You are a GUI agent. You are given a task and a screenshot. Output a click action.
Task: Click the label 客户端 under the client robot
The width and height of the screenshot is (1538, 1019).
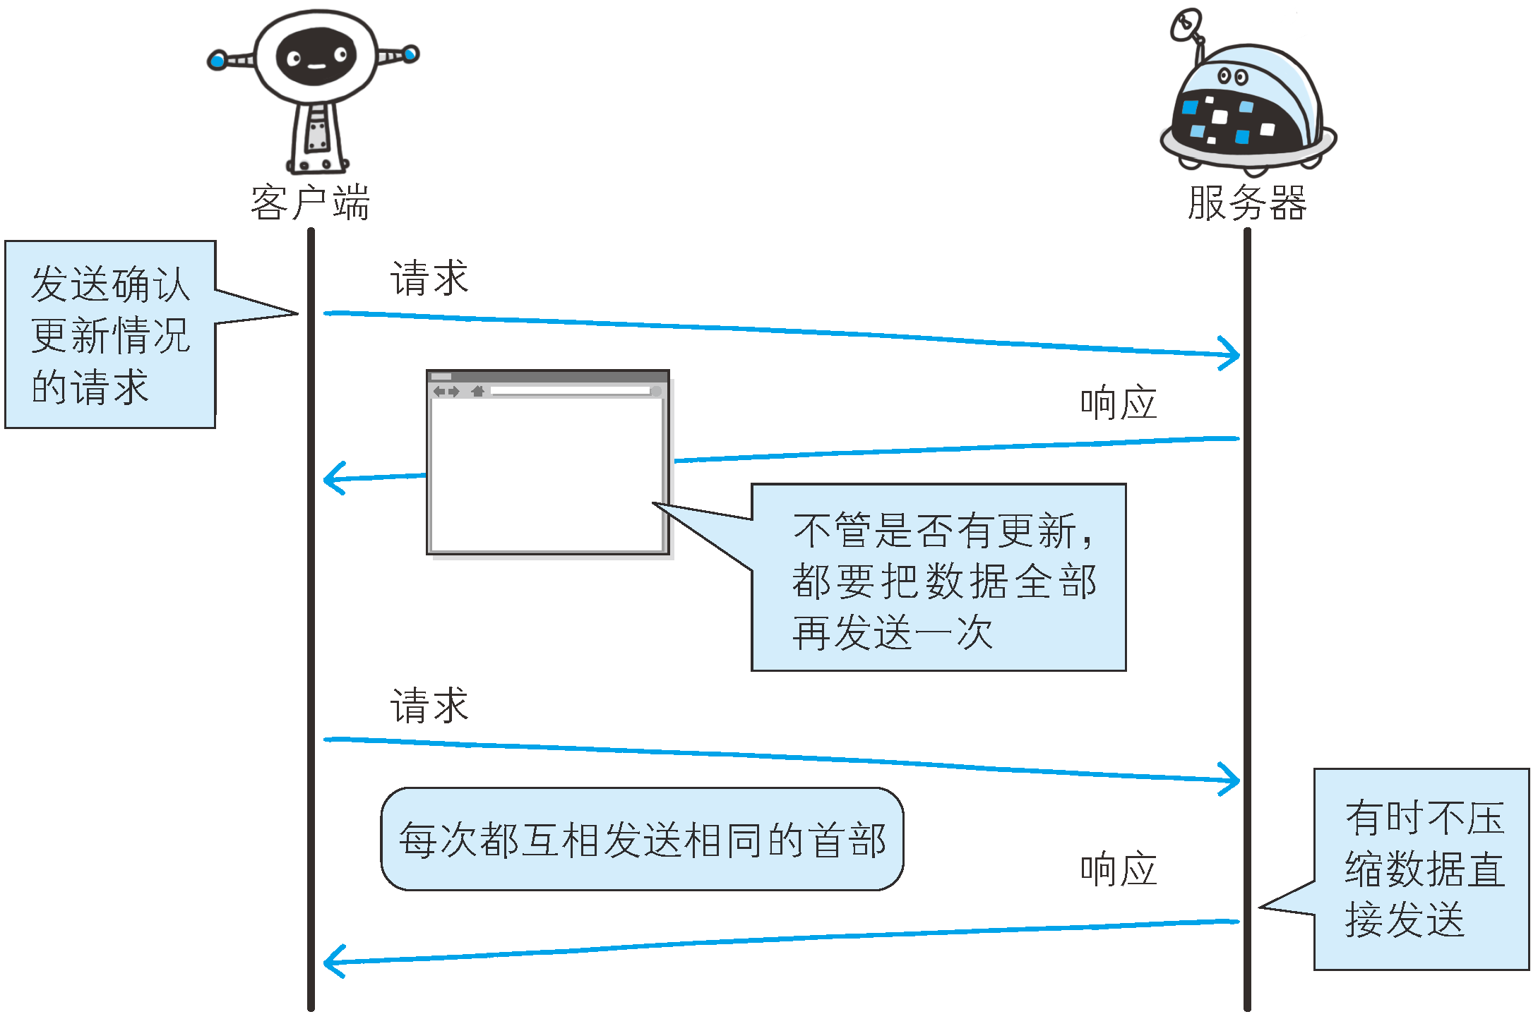(x=310, y=203)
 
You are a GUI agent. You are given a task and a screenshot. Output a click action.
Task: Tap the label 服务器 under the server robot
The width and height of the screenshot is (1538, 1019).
(x=1247, y=203)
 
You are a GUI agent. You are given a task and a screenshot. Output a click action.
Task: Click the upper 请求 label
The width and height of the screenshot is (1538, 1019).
(x=429, y=277)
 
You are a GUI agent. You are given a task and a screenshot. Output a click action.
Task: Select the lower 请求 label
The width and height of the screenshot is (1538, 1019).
(x=429, y=705)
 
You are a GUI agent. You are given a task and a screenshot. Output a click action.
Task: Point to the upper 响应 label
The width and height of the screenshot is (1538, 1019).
(x=1119, y=403)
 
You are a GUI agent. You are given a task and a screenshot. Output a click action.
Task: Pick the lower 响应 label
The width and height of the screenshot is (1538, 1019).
(x=1119, y=869)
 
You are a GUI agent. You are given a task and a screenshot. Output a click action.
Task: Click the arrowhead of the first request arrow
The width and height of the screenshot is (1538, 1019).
(x=1230, y=354)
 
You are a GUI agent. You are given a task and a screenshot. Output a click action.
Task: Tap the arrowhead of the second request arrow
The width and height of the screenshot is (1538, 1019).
(x=1230, y=779)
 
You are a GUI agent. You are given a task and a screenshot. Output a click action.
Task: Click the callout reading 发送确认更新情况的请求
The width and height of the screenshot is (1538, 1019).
(x=111, y=334)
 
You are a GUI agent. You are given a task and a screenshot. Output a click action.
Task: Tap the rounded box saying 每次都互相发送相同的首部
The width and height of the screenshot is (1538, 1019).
(x=642, y=839)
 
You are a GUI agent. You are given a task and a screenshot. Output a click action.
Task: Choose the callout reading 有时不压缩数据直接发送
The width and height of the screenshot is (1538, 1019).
(x=1421, y=869)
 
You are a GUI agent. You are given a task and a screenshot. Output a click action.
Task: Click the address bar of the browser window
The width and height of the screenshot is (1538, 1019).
(x=571, y=391)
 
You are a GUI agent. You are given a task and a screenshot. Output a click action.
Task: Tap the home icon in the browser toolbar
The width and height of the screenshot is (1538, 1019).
(x=478, y=391)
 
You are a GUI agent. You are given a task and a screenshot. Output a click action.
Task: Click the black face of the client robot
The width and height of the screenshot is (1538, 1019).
(x=316, y=56)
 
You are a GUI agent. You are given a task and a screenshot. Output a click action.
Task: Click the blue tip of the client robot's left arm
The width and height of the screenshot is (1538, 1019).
(x=217, y=61)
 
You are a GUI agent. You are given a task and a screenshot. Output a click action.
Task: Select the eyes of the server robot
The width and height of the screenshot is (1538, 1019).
(x=1233, y=76)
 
